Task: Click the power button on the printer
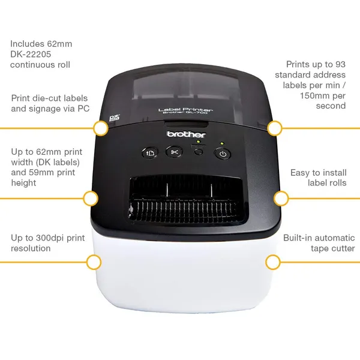(223, 154)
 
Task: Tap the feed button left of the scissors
(150, 152)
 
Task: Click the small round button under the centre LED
(199, 152)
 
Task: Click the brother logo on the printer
(186, 134)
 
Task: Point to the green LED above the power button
(222, 143)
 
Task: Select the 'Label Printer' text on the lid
(185, 110)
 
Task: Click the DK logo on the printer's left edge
(115, 118)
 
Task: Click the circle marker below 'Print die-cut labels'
(101, 128)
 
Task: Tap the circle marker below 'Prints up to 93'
(275, 128)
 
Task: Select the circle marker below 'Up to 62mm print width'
(91, 199)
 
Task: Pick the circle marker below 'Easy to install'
(281, 199)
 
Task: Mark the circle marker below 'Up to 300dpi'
(94, 262)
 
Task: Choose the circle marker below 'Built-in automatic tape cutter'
(273, 262)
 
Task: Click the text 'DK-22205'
(31, 55)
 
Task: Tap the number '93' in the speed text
(340, 65)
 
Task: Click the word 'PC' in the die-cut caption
(83, 109)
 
